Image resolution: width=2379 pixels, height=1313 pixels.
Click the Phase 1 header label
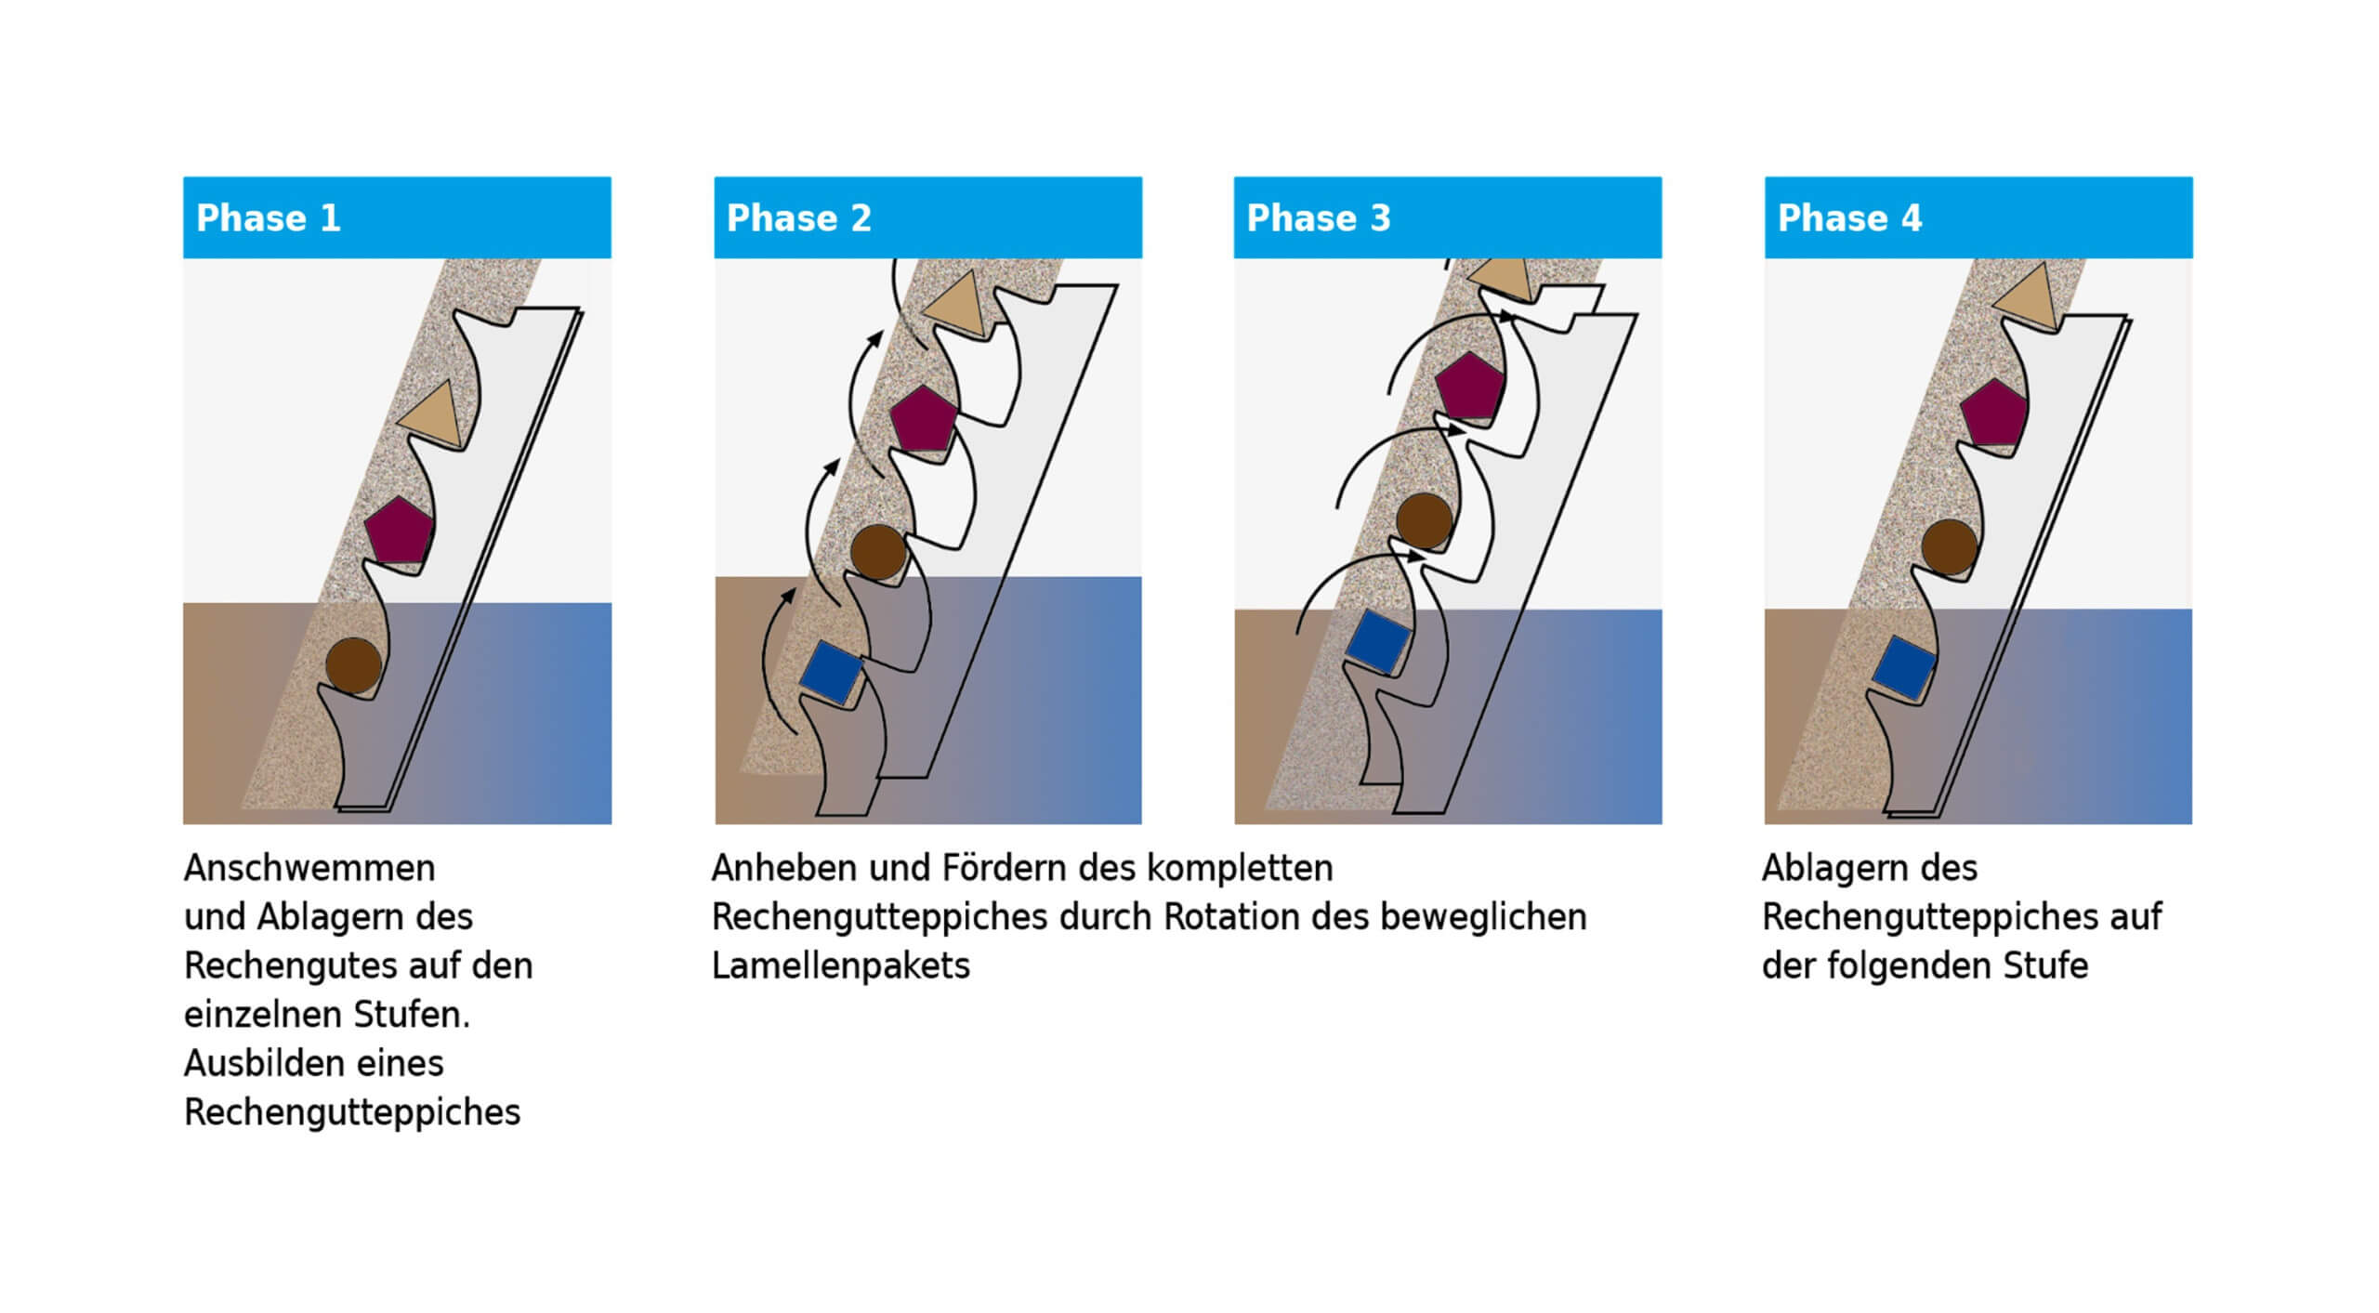click(268, 218)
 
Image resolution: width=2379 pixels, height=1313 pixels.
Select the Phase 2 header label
click(798, 218)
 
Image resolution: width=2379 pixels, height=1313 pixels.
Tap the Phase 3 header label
click(1318, 218)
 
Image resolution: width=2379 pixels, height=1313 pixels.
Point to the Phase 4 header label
click(1849, 218)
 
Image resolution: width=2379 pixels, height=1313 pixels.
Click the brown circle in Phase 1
click(353, 665)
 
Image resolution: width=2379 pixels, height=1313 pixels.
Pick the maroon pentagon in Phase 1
click(399, 531)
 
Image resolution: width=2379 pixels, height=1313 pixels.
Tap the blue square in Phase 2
click(831, 671)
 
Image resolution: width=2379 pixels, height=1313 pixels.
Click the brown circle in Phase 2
click(878, 552)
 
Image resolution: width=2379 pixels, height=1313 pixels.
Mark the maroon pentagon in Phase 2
click(923, 420)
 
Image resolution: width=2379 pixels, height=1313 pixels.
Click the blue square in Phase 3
click(1378, 640)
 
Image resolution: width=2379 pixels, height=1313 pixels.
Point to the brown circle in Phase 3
click(1424, 520)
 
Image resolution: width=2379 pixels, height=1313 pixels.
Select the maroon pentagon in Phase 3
click(1468, 385)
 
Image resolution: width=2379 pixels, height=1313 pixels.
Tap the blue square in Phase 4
click(1902, 667)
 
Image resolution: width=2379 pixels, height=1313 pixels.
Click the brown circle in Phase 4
click(1949, 547)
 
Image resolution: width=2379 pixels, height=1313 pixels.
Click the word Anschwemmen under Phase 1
click(309, 869)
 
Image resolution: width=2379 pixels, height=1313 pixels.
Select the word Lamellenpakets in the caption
click(840, 966)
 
